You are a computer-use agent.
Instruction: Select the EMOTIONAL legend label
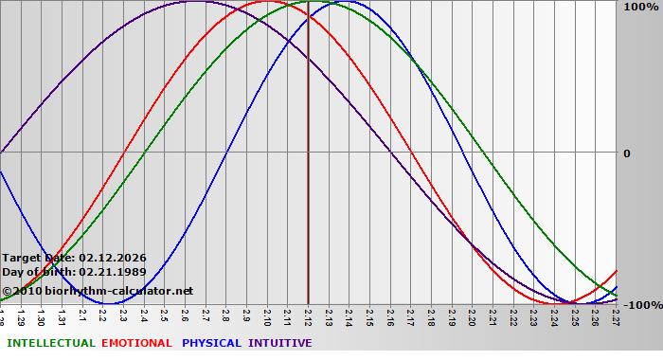pyautogui.click(x=136, y=343)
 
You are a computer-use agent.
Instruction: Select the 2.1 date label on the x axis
pyautogui.click(x=83, y=314)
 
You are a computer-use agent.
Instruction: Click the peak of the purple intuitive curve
pyautogui.click(x=195, y=2)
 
